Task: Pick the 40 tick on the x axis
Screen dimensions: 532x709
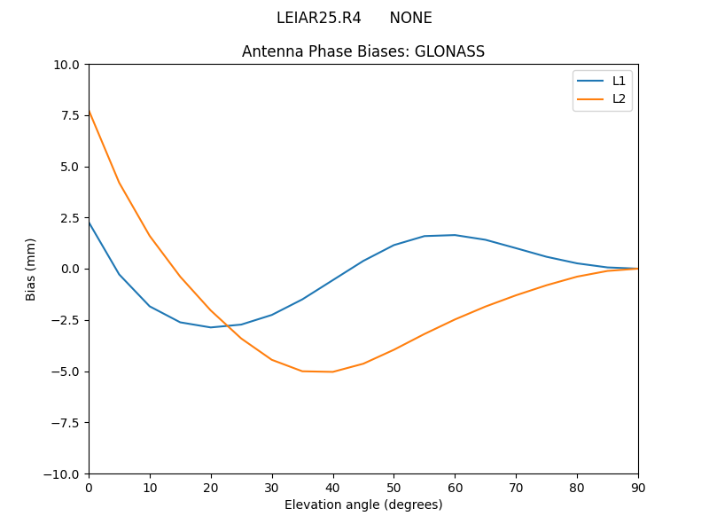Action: click(x=332, y=487)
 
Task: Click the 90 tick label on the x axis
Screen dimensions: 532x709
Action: click(x=638, y=487)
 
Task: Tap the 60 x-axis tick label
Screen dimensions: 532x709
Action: click(x=455, y=487)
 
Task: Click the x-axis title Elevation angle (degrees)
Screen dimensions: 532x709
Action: click(x=363, y=505)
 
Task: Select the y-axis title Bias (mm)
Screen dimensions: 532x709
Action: click(x=31, y=269)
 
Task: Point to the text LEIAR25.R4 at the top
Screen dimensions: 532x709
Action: click(x=318, y=18)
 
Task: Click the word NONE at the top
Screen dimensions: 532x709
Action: click(x=410, y=18)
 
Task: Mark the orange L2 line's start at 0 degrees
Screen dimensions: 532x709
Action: click(x=89, y=111)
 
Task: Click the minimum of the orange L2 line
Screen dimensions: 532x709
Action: click(x=332, y=372)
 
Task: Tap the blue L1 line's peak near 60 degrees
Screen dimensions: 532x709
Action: click(x=455, y=235)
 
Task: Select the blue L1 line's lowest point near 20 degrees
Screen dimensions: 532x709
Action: click(x=211, y=327)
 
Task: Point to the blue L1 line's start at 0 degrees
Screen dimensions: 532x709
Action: click(x=89, y=222)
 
